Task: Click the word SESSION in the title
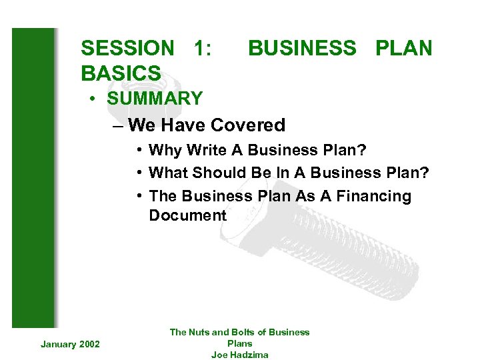pyautogui.click(x=127, y=48)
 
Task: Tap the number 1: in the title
pyautogui.click(x=202, y=48)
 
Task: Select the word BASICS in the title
pyautogui.click(x=121, y=73)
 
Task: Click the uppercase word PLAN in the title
pyautogui.click(x=403, y=48)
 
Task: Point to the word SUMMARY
pyautogui.click(x=154, y=99)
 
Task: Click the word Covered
pyautogui.click(x=247, y=125)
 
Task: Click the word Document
pyautogui.click(x=187, y=215)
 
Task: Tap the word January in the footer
pyautogui.click(x=57, y=344)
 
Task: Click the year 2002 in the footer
pyautogui.click(x=89, y=344)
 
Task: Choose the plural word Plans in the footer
pyautogui.click(x=240, y=343)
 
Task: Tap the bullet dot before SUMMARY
pyautogui.click(x=96, y=99)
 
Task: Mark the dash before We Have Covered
pyautogui.click(x=118, y=125)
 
